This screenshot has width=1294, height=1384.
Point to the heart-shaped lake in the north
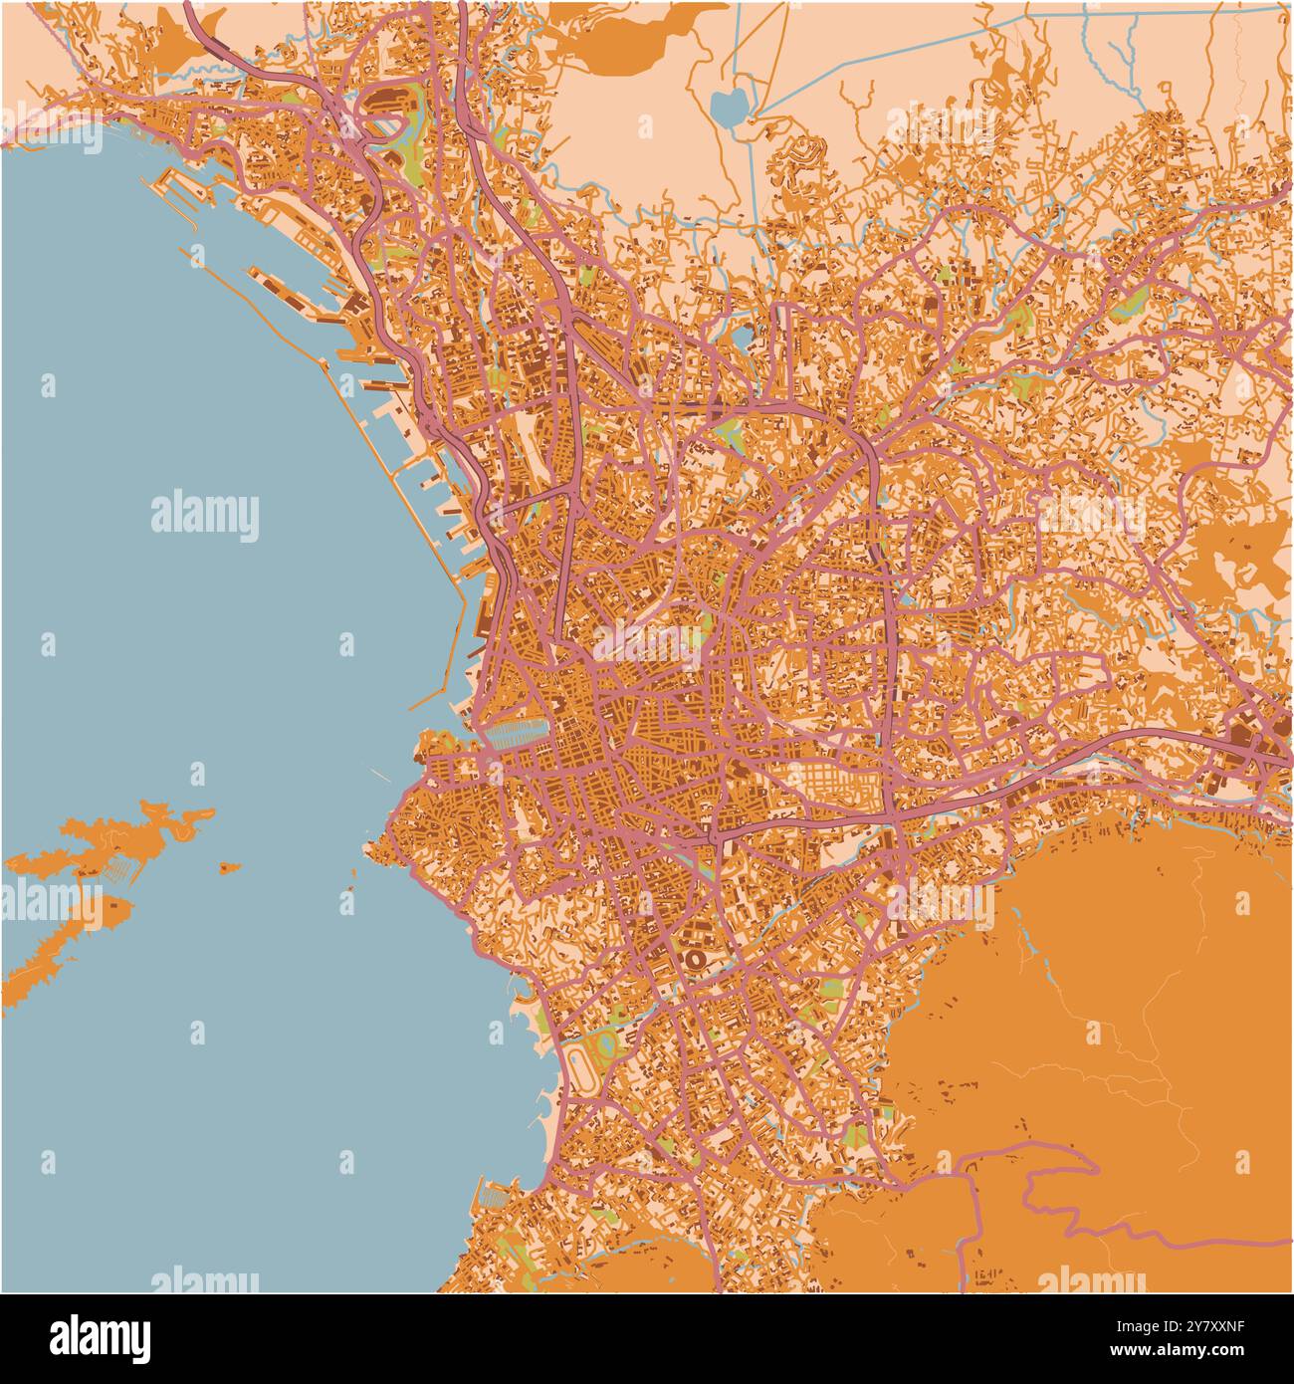(x=729, y=105)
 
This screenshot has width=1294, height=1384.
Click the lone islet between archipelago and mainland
(x=230, y=867)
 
